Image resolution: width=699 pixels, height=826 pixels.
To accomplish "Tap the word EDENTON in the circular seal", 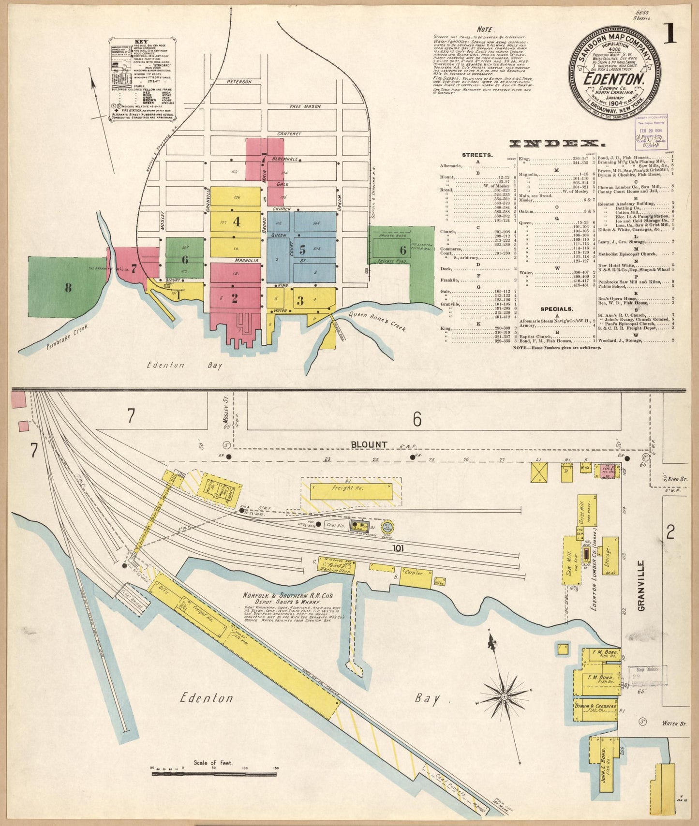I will point(614,79).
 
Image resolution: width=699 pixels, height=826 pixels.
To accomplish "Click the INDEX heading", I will point(556,144).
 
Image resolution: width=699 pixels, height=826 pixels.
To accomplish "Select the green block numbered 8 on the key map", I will point(68,288).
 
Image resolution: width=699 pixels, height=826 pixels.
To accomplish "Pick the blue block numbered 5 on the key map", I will point(302,250).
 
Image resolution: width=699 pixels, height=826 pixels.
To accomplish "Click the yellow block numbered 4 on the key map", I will point(236,222).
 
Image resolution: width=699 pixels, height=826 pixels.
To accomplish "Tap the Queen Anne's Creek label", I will point(377,321).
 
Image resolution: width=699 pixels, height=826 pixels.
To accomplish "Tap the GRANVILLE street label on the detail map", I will point(642,586).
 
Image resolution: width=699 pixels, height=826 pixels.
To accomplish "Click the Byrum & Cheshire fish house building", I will point(595,708).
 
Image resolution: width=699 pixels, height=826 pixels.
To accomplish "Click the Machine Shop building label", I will point(335,569).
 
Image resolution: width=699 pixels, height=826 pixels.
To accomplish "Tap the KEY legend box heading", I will point(142,42).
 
